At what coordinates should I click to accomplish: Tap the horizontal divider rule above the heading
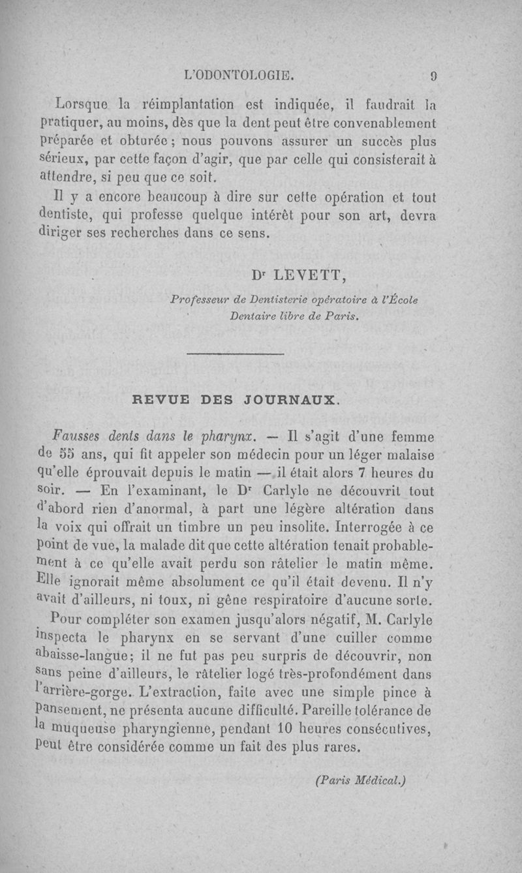236,354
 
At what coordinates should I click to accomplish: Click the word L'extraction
174,689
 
